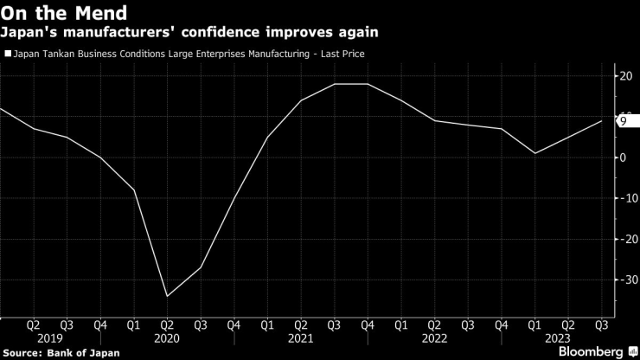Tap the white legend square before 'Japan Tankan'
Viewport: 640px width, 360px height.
coord(8,54)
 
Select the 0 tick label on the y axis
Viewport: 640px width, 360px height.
coord(623,157)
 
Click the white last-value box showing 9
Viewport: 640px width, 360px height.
coord(627,121)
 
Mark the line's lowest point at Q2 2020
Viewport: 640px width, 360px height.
coord(167,296)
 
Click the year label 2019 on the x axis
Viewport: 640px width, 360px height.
coord(50,338)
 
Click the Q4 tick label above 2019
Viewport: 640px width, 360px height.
coord(100,325)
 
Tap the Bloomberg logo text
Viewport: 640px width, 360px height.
coord(590,351)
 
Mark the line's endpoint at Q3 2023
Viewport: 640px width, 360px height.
coord(602,121)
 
